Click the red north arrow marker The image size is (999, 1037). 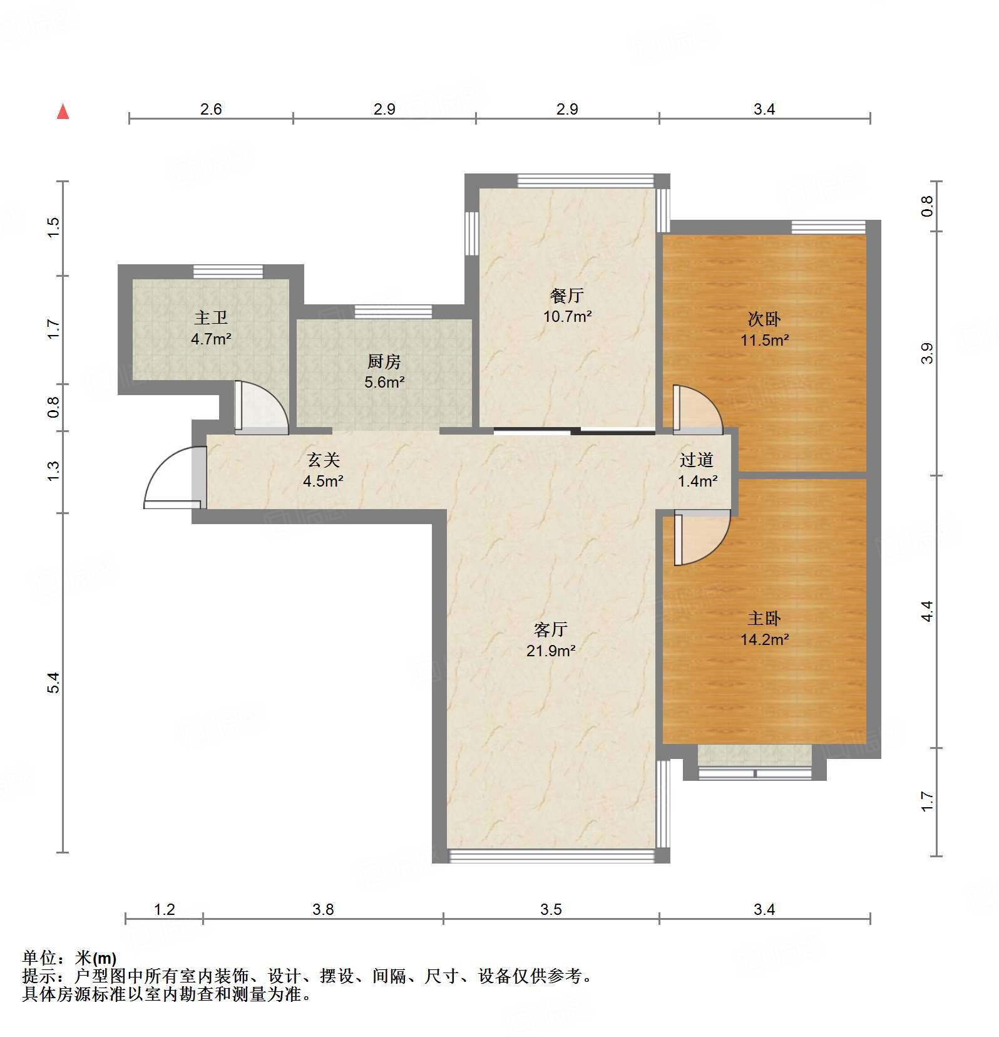[x=63, y=112]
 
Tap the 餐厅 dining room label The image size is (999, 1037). [x=567, y=296]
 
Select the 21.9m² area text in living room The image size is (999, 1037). [x=550, y=651]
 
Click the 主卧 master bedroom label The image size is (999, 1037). [x=764, y=619]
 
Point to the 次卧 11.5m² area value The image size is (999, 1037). [x=764, y=341]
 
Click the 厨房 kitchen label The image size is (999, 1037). [x=384, y=361]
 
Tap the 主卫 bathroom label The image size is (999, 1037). [x=211, y=318]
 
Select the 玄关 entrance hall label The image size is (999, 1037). [x=324, y=460]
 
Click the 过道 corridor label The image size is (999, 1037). [x=697, y=460]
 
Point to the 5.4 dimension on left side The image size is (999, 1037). [x=54, y=682]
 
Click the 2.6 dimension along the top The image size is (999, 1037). [x=211, y=110]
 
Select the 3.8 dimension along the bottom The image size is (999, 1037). [x=323, y=909]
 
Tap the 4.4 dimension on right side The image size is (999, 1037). [x=927, y=611]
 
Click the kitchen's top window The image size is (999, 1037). [x=393, y=311]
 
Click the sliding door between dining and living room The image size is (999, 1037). [x=574, y=430]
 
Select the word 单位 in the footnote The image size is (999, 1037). [x=39, y=958]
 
